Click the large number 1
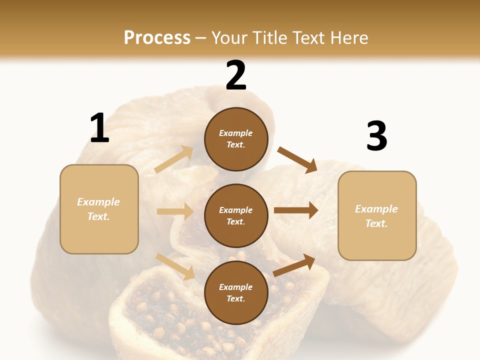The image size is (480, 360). click(x=99, y=128)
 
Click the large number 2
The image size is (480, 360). click(x=236, y=75)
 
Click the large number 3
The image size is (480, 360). click(x=376, y=136)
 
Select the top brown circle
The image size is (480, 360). click(x=236, y=139)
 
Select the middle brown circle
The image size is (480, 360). click(x=236, y=216)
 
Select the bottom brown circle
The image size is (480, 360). click(x=236, y=293)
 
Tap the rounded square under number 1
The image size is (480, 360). click(x=99, y=209)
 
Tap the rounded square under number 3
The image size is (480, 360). click(x=377, y=216)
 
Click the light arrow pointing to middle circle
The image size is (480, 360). click(x=175, y=211)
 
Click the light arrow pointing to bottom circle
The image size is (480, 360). click(x=175, y=266)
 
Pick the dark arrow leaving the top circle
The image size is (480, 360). click(x=297, y=159)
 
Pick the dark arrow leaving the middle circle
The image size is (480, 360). click(x=296, y=210)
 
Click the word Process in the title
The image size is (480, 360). click(x=157, y=37)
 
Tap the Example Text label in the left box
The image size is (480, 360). click(x=98, y=209)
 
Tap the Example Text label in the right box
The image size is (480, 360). click(x=376, y=216)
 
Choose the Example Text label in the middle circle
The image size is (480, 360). click(x=236, y=216)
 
